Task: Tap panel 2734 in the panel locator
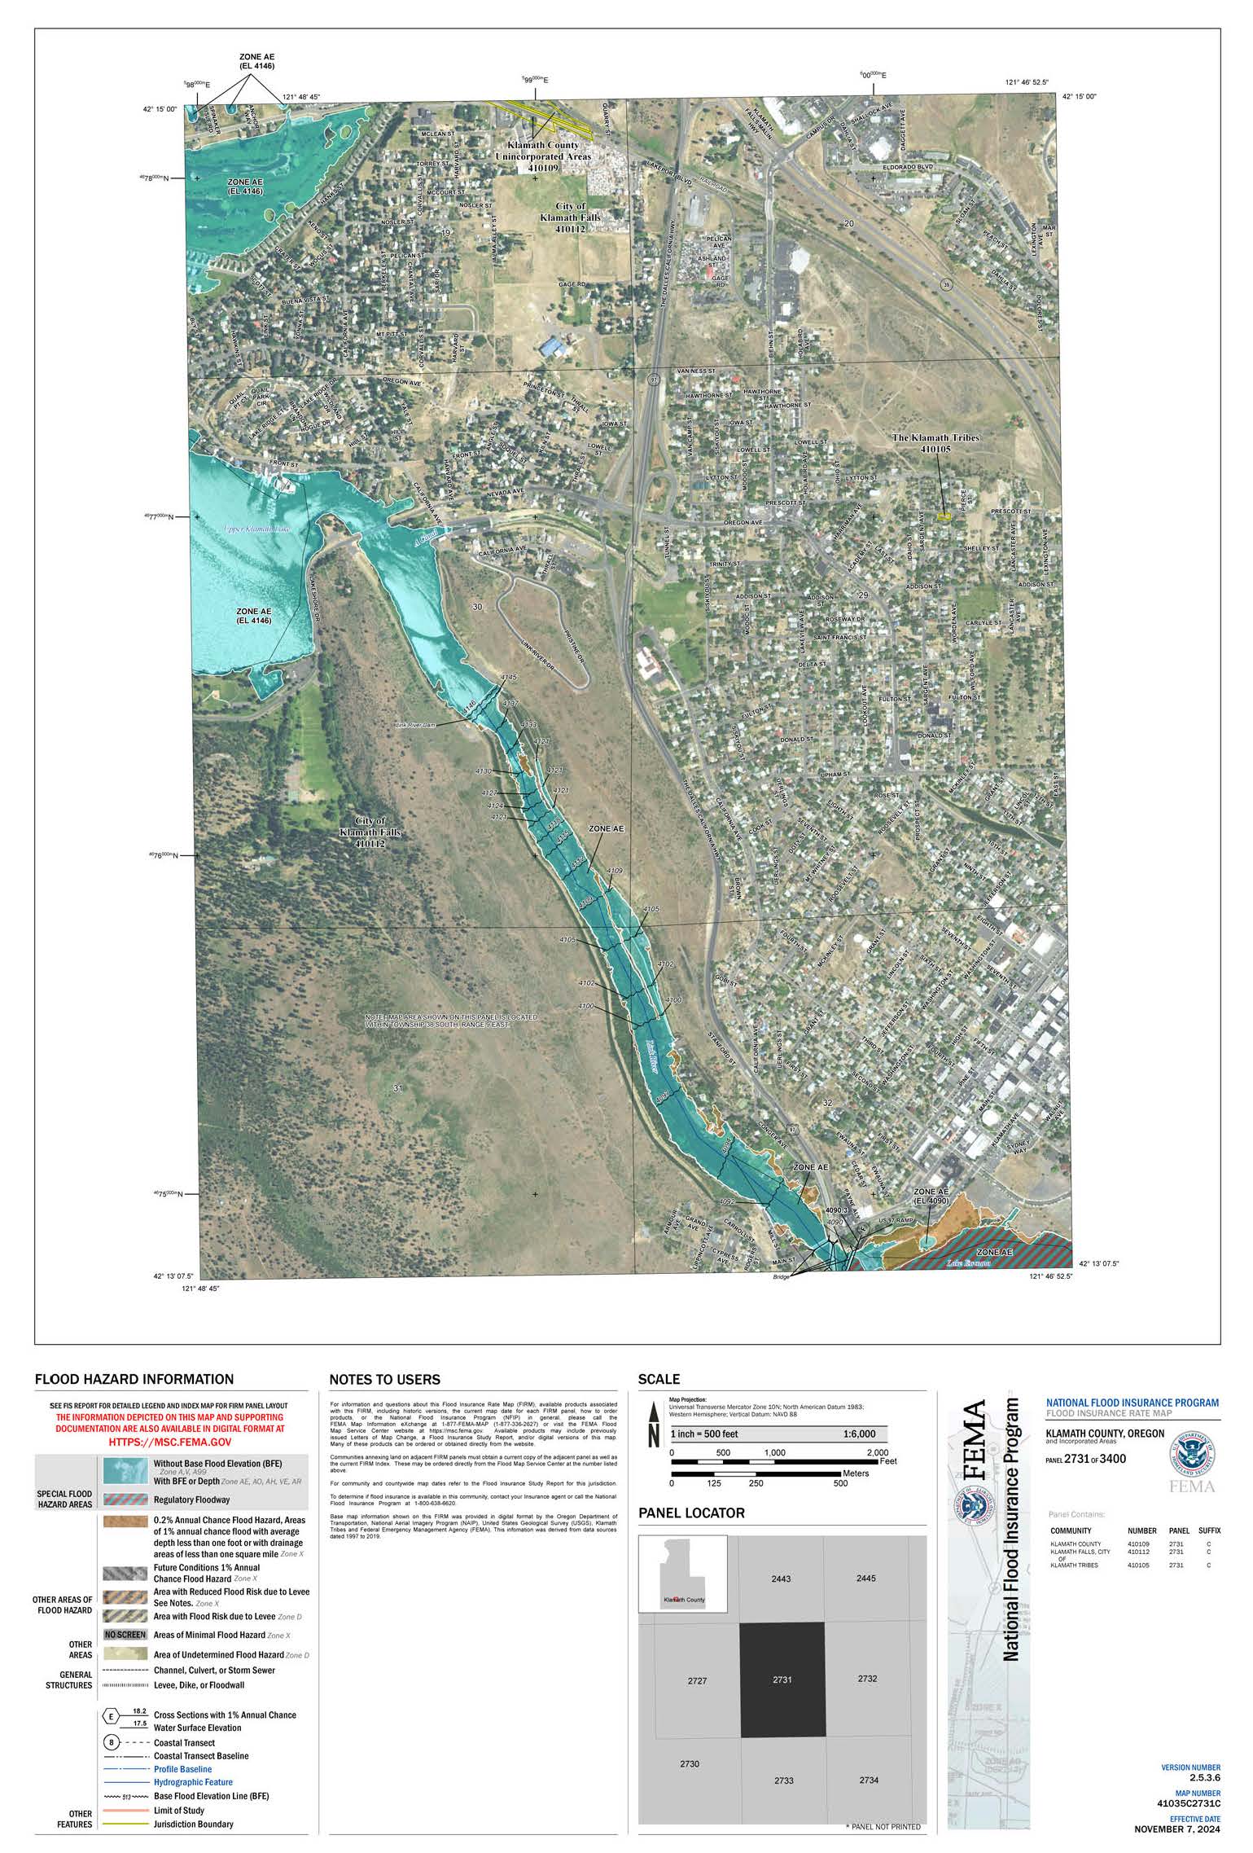click(x=868, y=1780)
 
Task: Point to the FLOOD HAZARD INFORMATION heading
click(x=134, y=1379)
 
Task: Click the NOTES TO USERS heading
click(x=384, y=1380)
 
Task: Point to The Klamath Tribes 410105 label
click(x=935, y=443)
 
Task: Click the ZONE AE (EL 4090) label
click(x=931, y=1196)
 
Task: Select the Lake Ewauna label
click(x=968, y=1263)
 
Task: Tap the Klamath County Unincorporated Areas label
click(x=544, y=156)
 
